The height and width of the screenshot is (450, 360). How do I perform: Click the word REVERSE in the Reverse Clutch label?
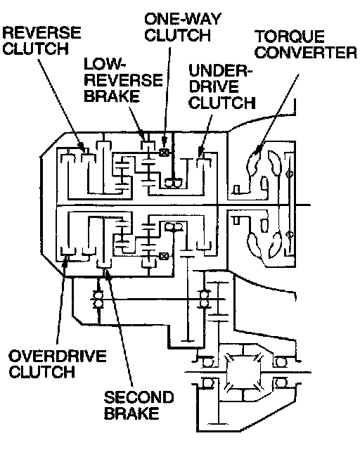[41, 32]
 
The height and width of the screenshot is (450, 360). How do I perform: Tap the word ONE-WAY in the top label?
[183, 20]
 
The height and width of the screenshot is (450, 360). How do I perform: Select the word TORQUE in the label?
[290, 37]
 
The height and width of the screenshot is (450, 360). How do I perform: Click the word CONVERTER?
[306, 53]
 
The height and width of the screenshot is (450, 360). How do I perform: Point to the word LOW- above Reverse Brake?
[105, 64]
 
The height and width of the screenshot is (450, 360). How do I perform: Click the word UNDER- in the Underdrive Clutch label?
[220, 71]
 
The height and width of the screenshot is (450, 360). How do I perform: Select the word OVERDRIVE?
[58, 356]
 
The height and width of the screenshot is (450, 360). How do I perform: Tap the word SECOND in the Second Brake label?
[139, 397]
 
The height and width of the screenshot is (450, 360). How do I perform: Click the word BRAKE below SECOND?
[131, 413]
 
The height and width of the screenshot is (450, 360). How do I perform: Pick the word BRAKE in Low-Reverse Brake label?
[112, 96]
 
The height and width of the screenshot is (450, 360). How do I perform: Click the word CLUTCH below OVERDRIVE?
[42, 372]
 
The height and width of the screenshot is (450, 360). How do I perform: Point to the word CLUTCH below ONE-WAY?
[178, 35]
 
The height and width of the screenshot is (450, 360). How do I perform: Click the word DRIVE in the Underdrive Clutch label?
[214, 86]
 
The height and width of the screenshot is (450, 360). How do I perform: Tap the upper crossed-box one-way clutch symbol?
[164, 153]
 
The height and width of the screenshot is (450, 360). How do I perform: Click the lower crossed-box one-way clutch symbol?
[164, 256]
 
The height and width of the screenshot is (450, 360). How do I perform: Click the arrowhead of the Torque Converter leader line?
[257, 148]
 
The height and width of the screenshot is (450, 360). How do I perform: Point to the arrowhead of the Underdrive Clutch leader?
[200, 152]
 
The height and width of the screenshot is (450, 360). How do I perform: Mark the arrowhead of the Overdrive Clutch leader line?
[66, 262]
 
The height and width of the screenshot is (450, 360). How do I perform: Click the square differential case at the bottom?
[244, 373]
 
